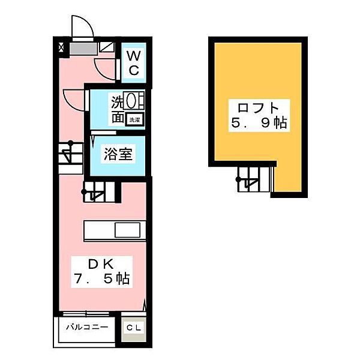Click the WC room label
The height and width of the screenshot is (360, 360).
tap(134, 62)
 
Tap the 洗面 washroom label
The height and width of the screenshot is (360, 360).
tap(118, 110)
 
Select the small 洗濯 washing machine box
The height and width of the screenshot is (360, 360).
tap(135, 119)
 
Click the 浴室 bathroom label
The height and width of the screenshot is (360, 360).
tap(118, 154)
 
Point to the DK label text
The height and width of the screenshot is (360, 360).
tap(101, 264)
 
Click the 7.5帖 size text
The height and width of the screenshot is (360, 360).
tap(102, 279)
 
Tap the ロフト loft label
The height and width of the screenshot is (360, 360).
tap(258, 108)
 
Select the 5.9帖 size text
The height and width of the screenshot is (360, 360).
tap(259, 122)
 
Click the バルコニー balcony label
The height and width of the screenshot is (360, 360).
tap(87, 327)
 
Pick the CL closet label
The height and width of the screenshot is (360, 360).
tap(134, 328)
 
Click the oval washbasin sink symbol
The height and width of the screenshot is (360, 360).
tap(131, 101)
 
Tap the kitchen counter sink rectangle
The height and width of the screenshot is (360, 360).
tap(127, 230)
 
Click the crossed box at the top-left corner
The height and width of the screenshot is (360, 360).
tap(61, 47)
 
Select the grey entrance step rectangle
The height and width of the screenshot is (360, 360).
tap(83, 49)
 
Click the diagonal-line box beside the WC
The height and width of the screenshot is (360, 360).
tap(107, 47)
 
